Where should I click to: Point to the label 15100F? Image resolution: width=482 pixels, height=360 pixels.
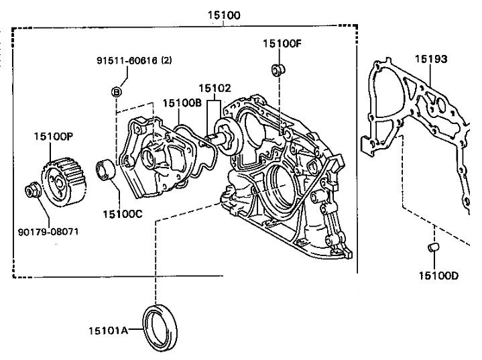282,44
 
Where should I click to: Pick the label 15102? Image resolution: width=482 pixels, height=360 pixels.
215,87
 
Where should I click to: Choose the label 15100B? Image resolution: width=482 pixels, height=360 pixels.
182,103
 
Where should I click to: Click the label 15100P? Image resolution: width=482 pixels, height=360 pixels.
54,136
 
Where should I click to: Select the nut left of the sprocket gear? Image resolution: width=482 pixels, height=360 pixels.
31,191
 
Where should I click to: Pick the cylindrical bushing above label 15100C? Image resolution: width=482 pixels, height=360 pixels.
106,170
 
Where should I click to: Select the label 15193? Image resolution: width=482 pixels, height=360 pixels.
430,59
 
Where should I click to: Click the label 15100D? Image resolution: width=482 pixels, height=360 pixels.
438,275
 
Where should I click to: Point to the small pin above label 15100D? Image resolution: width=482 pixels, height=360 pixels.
433,249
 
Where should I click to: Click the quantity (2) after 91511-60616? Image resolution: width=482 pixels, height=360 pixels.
166,60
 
